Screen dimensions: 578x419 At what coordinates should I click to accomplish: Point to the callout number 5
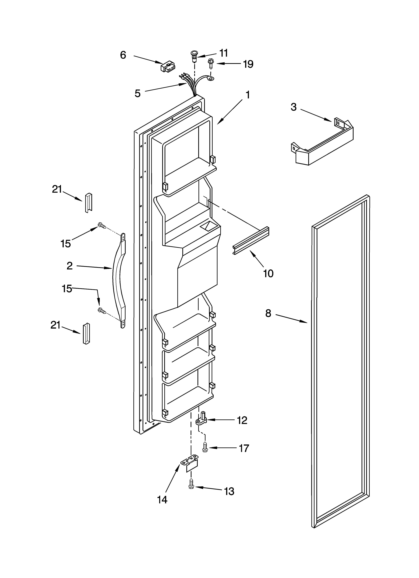pos(138,94)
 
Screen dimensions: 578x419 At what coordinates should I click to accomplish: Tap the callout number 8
pos(268,313)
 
